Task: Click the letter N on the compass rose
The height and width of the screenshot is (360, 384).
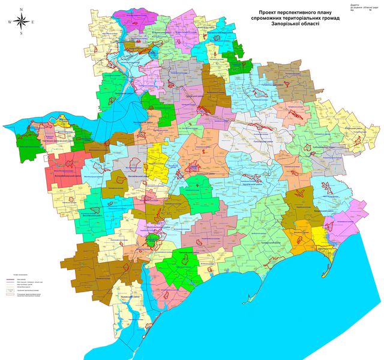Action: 22,10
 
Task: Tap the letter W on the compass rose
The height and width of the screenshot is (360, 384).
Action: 10,22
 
